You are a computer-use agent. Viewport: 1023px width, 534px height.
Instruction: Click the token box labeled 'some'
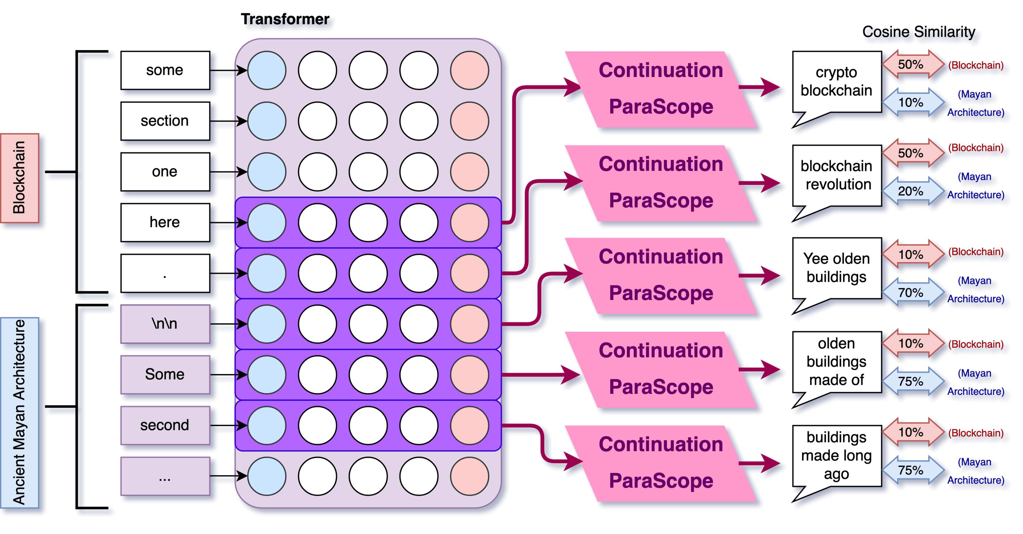click(165, 70)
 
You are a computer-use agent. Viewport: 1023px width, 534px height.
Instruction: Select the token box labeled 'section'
click(165, 121)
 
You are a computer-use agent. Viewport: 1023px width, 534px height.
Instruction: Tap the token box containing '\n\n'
click(165, 324)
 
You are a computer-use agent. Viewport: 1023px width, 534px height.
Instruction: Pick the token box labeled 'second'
click(165, 425)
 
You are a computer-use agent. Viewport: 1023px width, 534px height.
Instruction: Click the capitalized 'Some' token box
click(165, 374)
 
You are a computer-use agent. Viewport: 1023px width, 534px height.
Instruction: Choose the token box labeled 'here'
click(165, 222)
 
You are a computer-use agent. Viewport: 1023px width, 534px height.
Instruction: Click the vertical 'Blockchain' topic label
click(20, 178)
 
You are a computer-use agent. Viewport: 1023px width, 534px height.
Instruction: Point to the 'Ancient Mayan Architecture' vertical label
click(20, 412)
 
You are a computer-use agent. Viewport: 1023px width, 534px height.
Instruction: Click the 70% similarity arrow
click(912, 293)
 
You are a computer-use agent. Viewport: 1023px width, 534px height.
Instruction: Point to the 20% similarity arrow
click(912, 191)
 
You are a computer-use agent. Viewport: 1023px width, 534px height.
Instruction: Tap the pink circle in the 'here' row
click(469, 222)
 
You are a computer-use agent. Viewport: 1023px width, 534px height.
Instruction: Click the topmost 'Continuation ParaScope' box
click(661, 89)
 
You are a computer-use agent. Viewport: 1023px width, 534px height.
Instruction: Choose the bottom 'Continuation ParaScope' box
click(661, 463)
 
